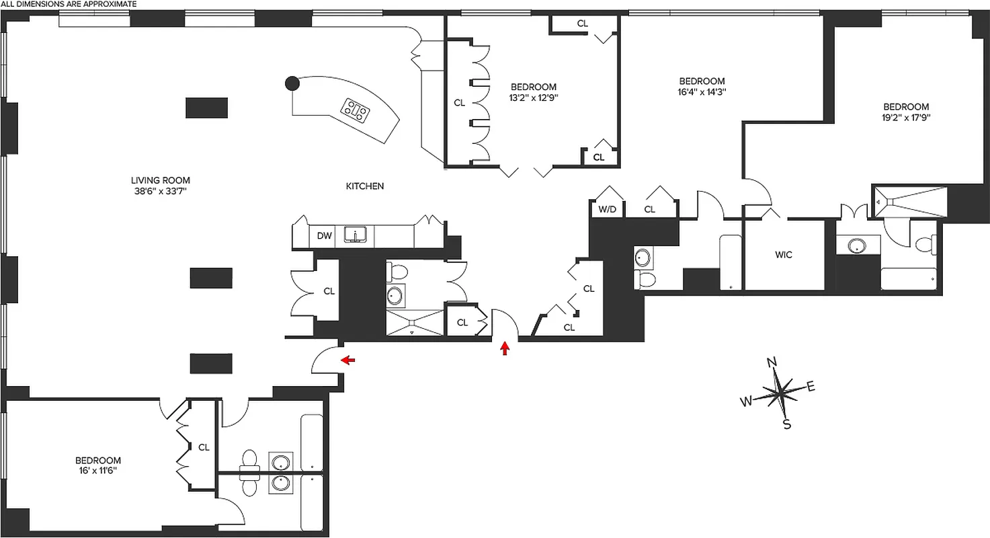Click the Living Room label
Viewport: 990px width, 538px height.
(160, 180)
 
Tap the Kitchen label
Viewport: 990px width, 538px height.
(364, 186)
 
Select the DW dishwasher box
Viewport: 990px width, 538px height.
(325, 235)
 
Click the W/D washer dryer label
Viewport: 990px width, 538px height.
(607, 209)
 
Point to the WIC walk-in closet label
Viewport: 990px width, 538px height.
(783, 255)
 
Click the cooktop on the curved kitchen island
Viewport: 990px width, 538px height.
(356, 110)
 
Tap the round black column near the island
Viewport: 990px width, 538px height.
(292, 83)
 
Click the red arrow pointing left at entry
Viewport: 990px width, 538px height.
(348, 360)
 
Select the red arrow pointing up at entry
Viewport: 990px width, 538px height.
(505, 348)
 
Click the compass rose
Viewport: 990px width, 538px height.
(779, 393)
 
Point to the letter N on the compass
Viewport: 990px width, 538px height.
(772, 363)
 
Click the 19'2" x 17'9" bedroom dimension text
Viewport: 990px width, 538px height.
(906, 118)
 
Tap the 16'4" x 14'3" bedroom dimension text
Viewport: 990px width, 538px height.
(702, 91)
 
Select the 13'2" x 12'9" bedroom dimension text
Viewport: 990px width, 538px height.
(534, 98)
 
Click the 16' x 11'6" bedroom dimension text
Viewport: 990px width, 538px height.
(98, 471)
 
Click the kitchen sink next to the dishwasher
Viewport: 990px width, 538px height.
(354, 235)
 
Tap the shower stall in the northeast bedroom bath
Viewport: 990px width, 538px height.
(911, 200)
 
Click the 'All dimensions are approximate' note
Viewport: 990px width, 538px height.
(69, 4)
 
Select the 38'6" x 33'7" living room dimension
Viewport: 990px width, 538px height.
(160, 191)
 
